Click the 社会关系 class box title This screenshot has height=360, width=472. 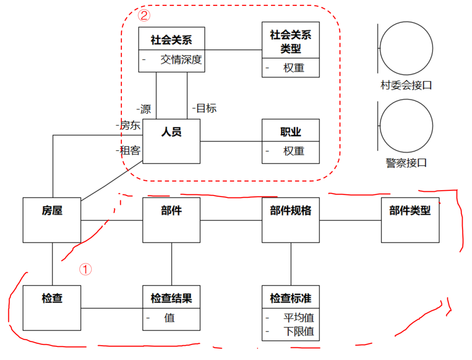(171, 40)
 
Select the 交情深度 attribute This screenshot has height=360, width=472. (181, 59)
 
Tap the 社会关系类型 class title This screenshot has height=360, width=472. (291, 42)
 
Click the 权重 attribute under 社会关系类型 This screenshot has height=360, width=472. (294, 68)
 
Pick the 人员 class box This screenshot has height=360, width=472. (171, 141)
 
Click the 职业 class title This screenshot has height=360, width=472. (291, 132)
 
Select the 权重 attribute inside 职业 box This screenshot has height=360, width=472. (294, 151)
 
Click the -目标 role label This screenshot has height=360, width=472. (204, 108)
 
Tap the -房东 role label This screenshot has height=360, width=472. (128, 126)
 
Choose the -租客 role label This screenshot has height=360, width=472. (128, 150)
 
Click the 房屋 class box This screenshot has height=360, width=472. (52, 220)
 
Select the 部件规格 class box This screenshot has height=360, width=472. (291, 220)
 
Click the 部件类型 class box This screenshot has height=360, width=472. (410, 220)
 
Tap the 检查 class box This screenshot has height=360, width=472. (52, 308)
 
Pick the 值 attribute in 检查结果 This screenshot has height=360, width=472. (170, 318)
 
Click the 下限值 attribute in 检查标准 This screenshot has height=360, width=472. (298, 331)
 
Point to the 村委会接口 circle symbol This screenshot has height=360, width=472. (406, 48)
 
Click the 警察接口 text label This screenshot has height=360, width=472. (406, 163)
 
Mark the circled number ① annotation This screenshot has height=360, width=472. (85, 269)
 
